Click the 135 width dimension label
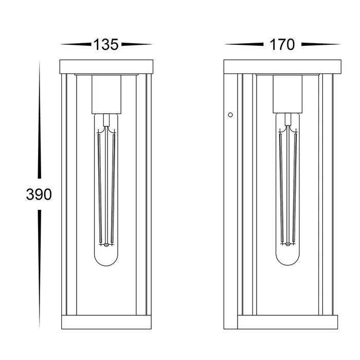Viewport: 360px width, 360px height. [x=106, y=45]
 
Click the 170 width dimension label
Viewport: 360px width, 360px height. [x=282, y=45]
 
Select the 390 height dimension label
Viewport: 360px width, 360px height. [x=39, y=194]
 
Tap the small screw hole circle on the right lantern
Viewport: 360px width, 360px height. [x=230, y=115]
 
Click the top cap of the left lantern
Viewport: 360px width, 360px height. [x=106, y=67]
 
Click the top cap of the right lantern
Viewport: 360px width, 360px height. [x=282, y=67]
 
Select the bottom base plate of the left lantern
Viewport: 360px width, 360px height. [x=106, y=322]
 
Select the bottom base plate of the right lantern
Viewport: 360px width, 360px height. [x=287, y=322]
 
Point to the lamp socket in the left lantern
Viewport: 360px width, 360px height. [x=106, y=94]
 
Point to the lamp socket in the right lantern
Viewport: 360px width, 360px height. [x=287, y=94]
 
